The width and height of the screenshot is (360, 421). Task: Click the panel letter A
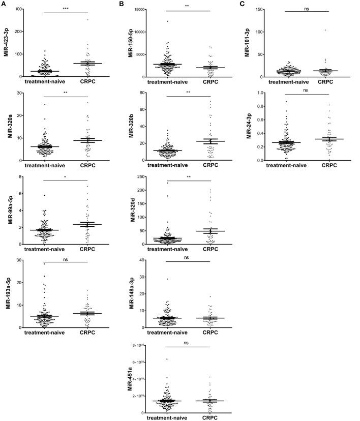click(x=5, y=4)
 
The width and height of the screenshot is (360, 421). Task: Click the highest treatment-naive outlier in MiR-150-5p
click(x=166, y=21)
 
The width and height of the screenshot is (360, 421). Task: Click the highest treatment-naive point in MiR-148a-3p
click(x=166, y=279)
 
